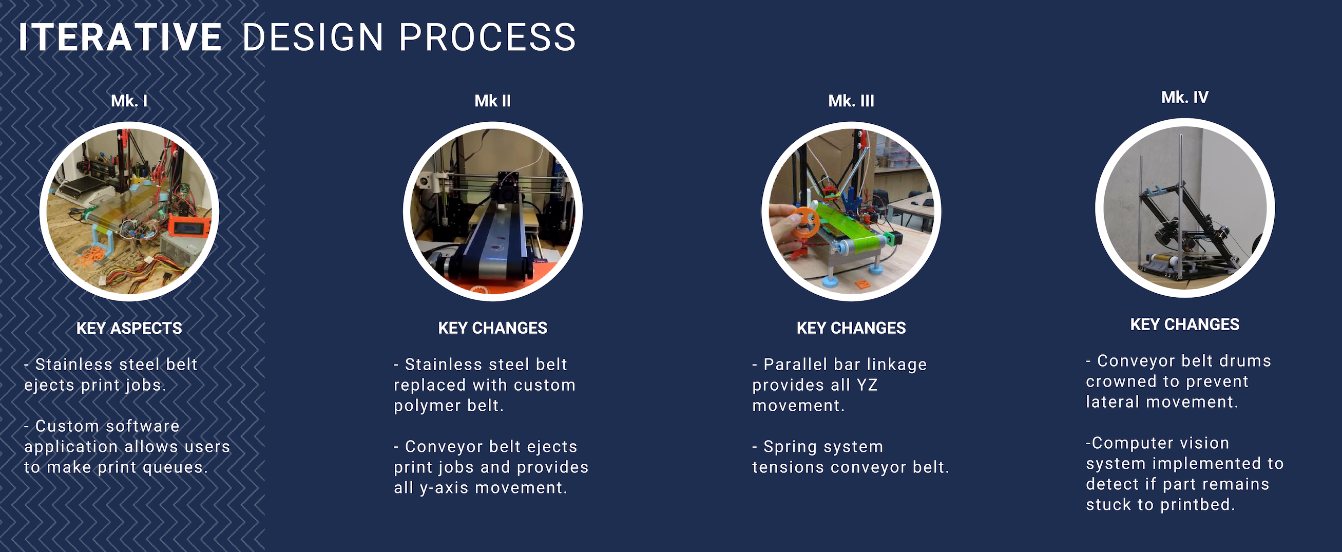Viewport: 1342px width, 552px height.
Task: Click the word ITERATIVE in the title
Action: (x=120, y=37)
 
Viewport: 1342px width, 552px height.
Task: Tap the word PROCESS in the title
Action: (x=488, y=37)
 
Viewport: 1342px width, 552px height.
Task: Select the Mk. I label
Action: (x=129, y=101)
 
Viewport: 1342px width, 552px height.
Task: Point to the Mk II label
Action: (x=493, y=101)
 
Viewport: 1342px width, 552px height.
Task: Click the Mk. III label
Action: (x=851, y=101)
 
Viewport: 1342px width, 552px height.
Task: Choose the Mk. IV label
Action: (x=1185, y=97)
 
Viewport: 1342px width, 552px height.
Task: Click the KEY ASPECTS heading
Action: (x=129, y=328)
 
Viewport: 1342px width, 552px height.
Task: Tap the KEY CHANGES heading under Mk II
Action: (x=493, y=328)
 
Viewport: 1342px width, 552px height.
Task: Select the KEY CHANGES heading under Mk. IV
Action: (x=1185, y=324)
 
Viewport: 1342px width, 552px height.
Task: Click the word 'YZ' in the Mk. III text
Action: (x=867, y=385)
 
